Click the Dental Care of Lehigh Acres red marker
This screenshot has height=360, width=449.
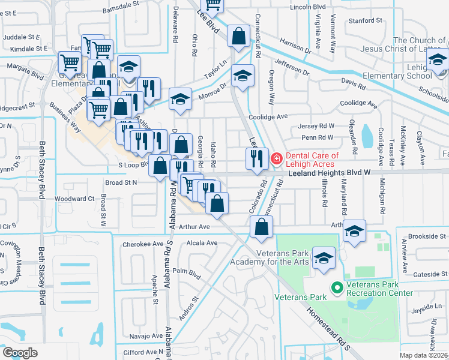tap(277, 159)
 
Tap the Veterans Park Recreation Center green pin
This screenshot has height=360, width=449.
tap(337, 289)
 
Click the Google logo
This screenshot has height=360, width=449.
tap(20, 353)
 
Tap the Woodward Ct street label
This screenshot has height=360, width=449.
tap(74, 199)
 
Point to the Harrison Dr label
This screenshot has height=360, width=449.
tap(294, 44)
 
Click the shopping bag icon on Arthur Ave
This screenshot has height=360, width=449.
tap(261, 226)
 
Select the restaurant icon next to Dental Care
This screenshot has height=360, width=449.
tap(256, 158)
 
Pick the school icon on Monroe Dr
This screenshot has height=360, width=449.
tap(179, 100)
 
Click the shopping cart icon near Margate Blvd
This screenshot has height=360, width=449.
tap(70, 61)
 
